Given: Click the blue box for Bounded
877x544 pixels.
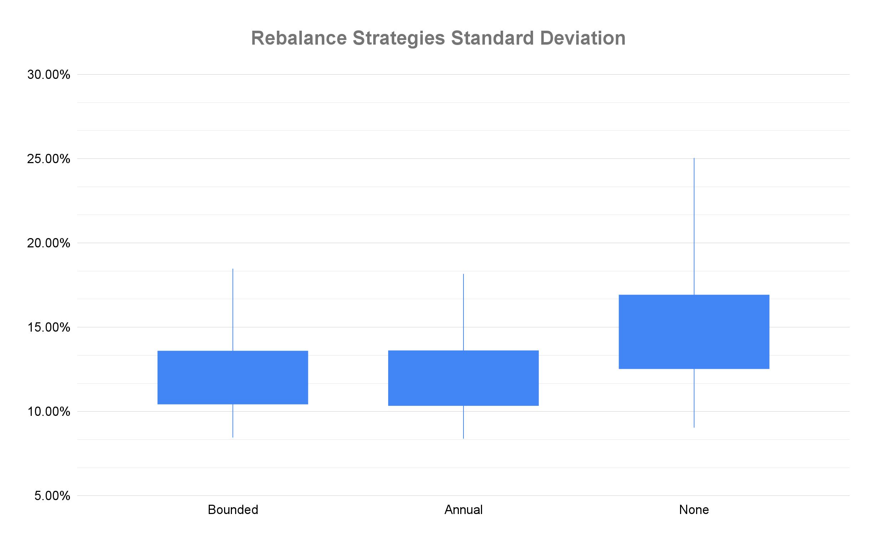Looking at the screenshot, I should [x=233, y=377].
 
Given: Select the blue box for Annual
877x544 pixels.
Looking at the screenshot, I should [x=463, y=378].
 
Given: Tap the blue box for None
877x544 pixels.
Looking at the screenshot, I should [x=694, y=332].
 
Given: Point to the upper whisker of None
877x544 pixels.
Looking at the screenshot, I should [x=694, y=227].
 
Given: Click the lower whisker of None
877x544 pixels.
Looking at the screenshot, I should [x=694, y=398].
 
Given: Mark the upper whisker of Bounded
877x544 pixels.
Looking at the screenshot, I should [x=233, y=309].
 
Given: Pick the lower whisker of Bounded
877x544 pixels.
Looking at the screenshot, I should [x=233, y=420].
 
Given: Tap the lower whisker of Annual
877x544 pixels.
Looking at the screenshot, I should [x=463, y=422].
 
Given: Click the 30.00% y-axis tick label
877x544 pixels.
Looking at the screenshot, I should [x=49, y=75].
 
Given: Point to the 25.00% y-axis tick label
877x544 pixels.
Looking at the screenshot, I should [x=49, y=159].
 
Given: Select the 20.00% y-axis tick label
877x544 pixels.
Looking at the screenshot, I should [x=49, y=243].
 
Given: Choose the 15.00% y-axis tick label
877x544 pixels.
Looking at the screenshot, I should [x=49, y=327].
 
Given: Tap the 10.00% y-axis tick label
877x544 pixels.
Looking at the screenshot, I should [x=49, y=412].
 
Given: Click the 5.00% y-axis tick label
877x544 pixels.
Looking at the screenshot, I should [x=52, y=496].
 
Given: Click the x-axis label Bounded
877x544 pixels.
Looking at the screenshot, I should [x=233, y=510].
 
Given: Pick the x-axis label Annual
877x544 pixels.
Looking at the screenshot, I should [x=463, y=510].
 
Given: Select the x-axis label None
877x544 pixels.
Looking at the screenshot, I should [x=694, y=510].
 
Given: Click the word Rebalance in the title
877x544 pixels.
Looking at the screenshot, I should [x=298, y=38].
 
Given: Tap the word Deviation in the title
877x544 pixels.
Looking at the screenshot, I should [x=583, y=38].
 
